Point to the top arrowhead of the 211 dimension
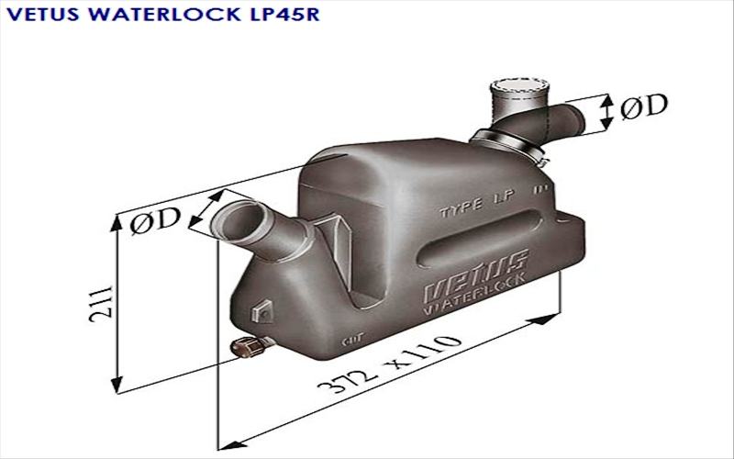(117, 220)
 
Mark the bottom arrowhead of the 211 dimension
(117, 386)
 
